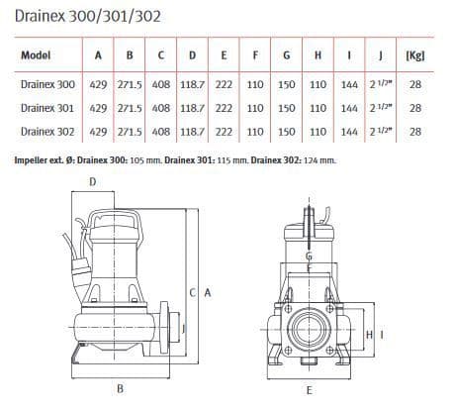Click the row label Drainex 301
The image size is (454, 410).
(46, 108)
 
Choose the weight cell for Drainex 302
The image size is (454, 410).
(415, 131)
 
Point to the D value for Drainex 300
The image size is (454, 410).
(193, 85)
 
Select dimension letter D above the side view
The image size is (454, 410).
(93, 181)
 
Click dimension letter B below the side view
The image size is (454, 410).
(121, 389)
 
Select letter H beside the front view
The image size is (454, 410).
(369, 336)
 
